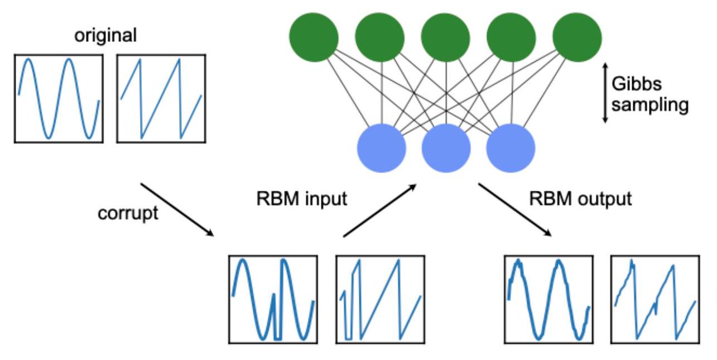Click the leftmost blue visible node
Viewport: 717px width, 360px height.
(381, 147)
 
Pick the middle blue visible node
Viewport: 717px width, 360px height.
(446, 147)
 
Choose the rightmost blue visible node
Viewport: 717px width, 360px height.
(511, 147)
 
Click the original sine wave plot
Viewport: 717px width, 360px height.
(59, 98)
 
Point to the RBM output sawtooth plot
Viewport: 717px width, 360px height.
(655, 299)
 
